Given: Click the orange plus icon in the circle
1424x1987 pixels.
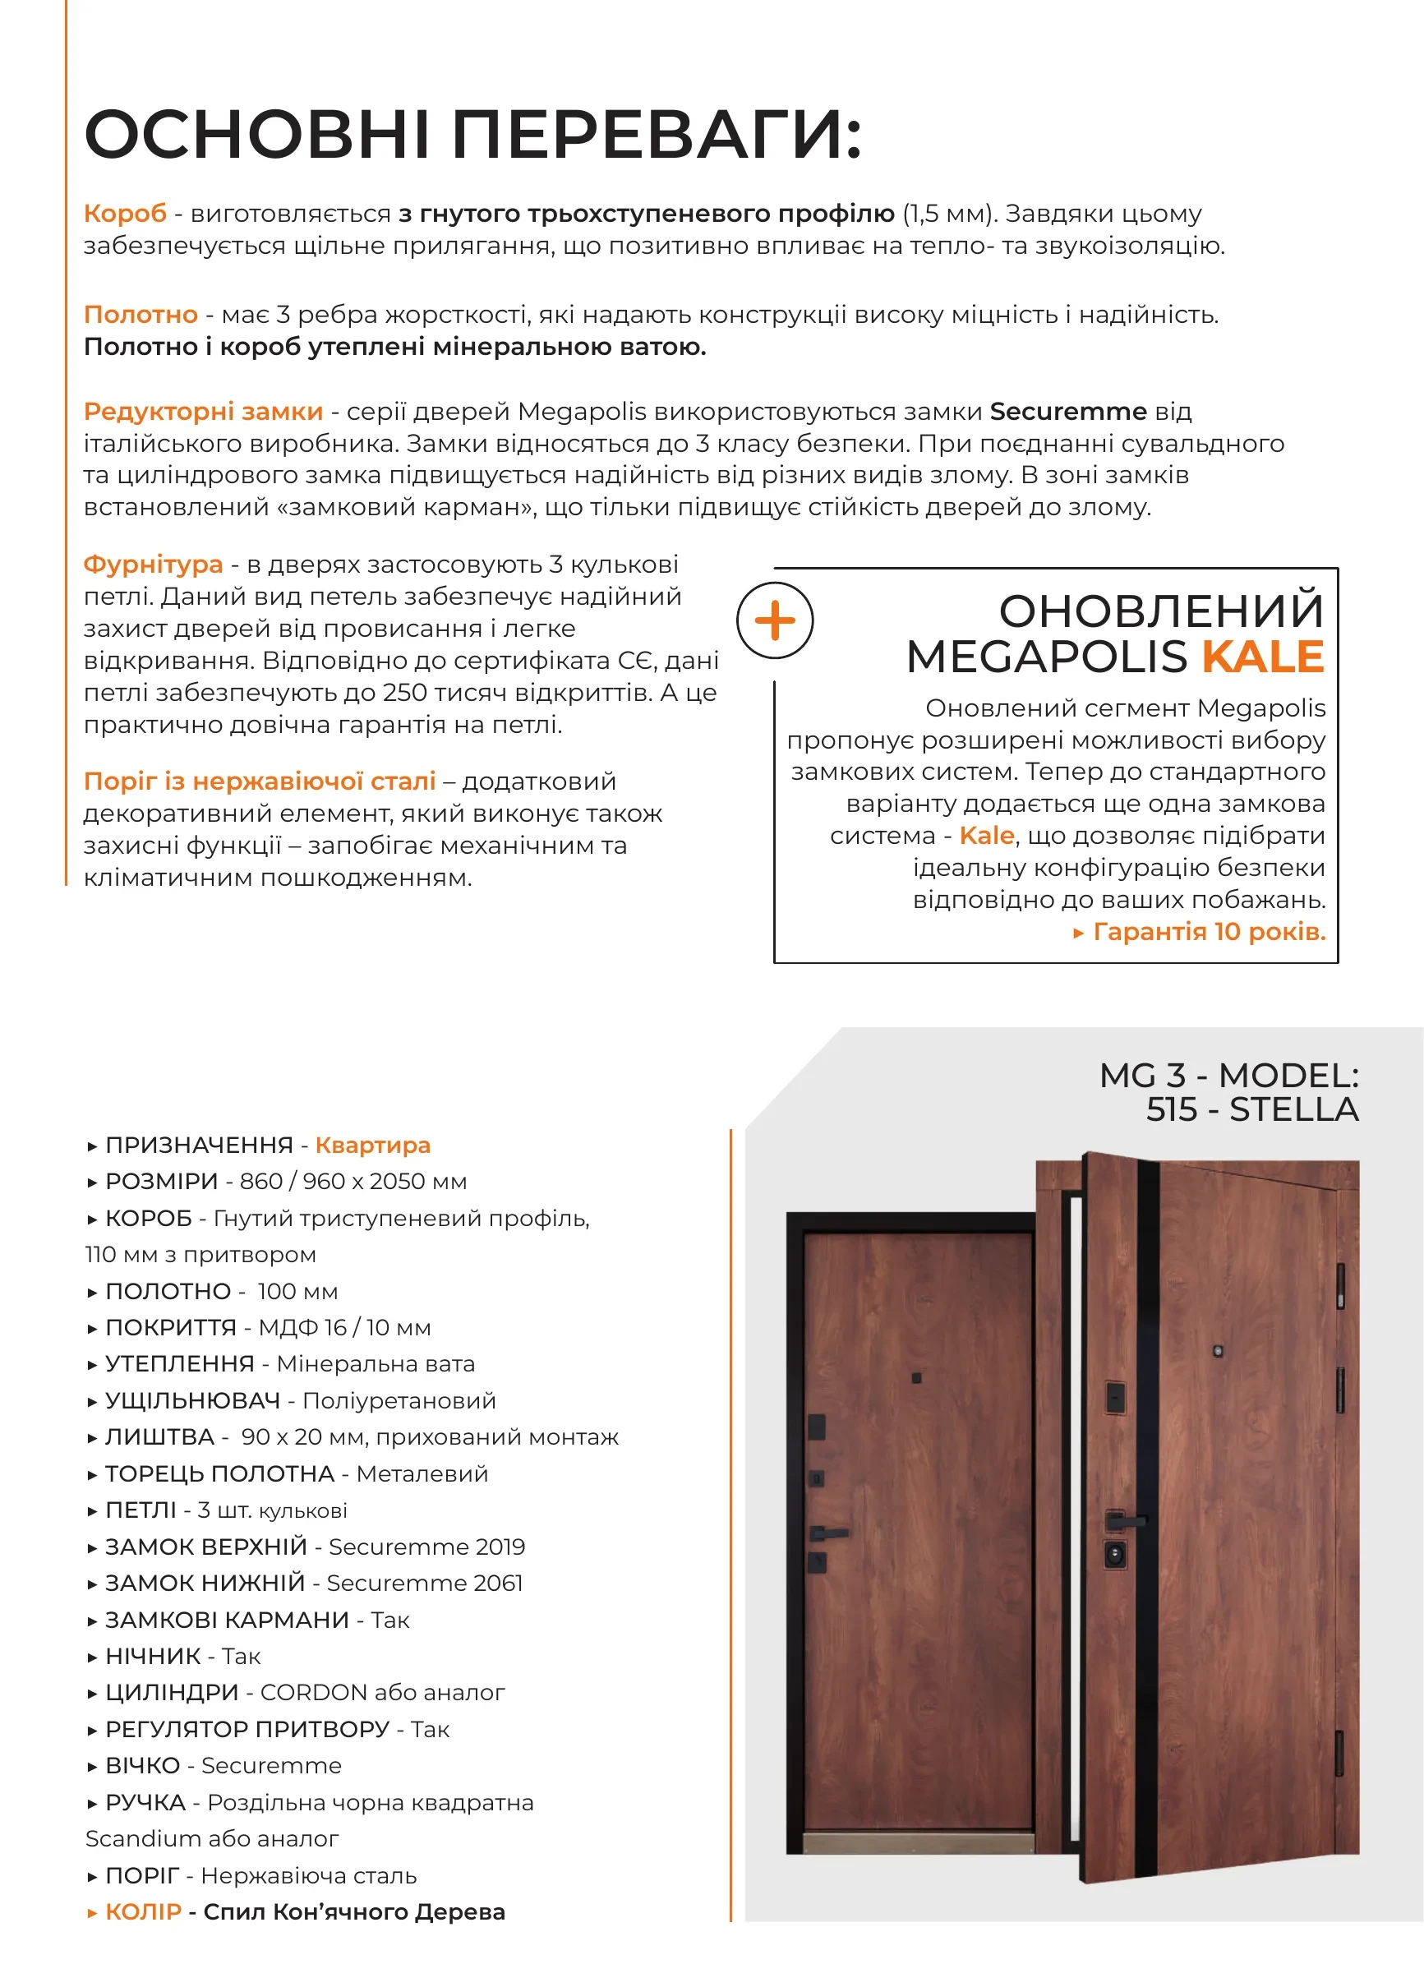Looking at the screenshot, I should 775,621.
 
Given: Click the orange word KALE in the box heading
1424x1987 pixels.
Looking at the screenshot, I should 1262,657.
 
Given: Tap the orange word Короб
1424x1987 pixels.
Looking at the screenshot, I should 124,214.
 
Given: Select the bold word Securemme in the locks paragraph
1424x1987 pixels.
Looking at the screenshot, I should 1067,412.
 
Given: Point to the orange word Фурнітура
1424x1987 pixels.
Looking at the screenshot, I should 153,565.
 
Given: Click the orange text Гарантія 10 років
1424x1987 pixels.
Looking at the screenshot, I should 1210,931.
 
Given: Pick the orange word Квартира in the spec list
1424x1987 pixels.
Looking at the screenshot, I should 372,1145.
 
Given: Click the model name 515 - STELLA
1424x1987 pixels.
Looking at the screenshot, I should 1251,1110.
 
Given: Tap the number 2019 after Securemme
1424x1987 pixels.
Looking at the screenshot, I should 500,1547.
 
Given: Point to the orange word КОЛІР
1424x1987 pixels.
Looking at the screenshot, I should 143,1911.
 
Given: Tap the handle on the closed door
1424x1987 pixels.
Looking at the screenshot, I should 827,1533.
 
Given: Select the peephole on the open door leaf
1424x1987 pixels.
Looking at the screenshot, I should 1217,1352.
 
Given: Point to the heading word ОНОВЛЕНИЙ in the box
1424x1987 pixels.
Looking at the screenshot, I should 1160,611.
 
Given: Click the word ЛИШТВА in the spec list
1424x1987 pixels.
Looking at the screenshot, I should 159,1436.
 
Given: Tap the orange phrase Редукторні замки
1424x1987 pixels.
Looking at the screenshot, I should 203,412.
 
